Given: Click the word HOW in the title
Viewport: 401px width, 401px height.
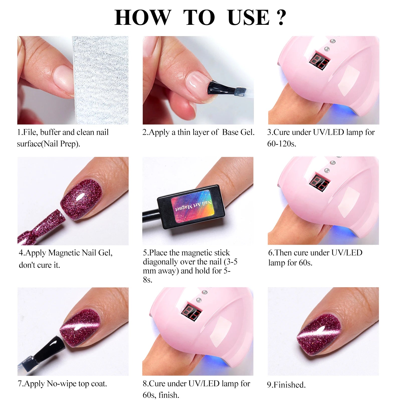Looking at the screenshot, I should pos(142,18).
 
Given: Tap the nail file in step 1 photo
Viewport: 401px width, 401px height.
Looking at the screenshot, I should pos(100,80).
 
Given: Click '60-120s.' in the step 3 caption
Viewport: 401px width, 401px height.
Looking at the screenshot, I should pos(281,144).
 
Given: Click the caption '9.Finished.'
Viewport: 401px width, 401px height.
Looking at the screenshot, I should pos(286,385).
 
